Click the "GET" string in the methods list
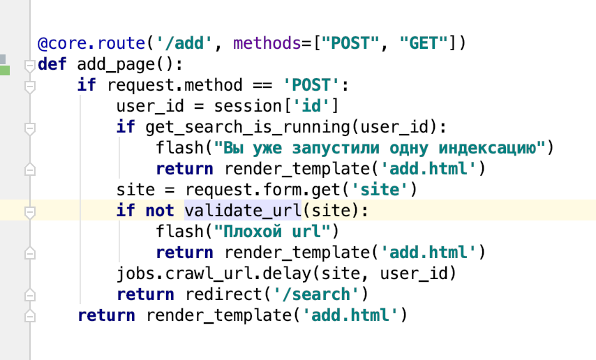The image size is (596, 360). coord(423,43)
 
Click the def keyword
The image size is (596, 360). coord(52,64)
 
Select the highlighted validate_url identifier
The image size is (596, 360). coord(241,211)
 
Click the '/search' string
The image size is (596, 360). coord(320,294)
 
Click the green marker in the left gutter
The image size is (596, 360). coord(5,70)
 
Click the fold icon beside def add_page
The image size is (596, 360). coord(29,66)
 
